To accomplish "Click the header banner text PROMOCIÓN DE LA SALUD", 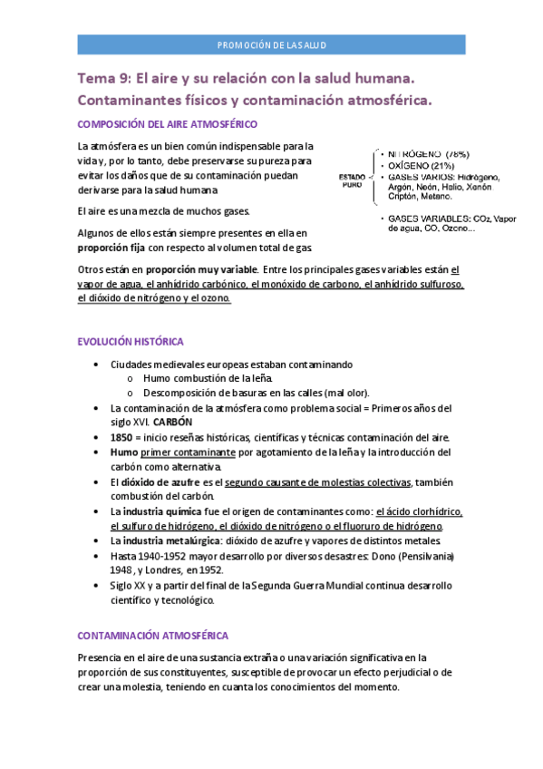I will [271, 44].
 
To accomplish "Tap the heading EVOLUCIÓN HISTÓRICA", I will [131, 342].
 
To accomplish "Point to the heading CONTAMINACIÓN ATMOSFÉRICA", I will [153, 636].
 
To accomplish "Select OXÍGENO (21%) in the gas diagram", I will [422, 166].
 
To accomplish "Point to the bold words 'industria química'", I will [163, 511].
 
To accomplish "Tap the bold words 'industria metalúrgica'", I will [171, 540].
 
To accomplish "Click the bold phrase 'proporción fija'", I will [111, 247].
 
